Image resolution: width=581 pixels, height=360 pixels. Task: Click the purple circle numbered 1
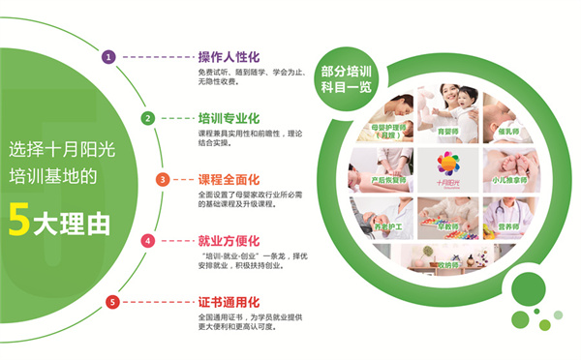109,57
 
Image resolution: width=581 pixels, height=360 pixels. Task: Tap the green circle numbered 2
148,118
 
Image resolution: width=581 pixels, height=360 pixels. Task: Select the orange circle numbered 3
163,179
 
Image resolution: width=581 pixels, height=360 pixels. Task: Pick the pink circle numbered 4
148,240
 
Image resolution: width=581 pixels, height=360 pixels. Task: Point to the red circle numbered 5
112,302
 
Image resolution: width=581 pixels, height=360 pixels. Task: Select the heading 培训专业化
229,118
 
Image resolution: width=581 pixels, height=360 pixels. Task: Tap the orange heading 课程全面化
229,179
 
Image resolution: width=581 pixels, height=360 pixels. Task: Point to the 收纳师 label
447,265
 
